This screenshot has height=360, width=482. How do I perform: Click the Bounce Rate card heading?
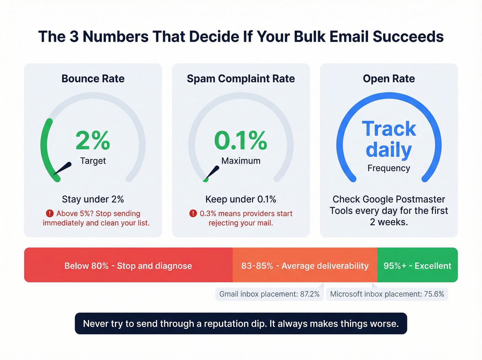(93, 79)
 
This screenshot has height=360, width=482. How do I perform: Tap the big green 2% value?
(93, 141)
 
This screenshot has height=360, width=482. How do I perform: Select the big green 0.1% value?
(241, 141)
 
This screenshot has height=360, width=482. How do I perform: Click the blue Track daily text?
(389, 139)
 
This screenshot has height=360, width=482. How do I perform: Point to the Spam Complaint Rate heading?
(241, 79)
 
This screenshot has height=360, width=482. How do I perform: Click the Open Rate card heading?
(389, 79)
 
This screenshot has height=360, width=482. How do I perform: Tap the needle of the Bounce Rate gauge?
(63, 168)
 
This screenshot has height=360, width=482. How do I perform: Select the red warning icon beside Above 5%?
(50, 214)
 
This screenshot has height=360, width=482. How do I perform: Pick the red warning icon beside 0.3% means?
(193, 214)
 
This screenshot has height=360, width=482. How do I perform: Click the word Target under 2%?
(93, 161)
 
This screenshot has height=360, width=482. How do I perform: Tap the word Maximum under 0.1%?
(241, 161)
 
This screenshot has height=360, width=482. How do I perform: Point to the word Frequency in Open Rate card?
(389, 168)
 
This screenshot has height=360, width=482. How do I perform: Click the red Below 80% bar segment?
(128, 266)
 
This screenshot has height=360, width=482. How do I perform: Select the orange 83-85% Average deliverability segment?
(305, 266)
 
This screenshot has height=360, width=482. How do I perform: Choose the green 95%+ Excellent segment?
(417, 266)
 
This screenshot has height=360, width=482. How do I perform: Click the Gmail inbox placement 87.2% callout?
(269, 294)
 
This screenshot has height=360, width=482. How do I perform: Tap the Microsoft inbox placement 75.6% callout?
(387, 294)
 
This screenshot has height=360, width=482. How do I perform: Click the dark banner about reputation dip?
(241, 323)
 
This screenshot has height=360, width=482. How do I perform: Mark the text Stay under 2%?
(93, 199)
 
